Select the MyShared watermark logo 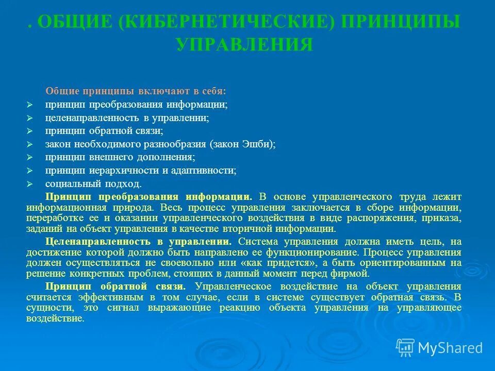coord(440,348)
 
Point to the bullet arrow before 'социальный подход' coord(30,184)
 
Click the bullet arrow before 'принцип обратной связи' coord(30,131)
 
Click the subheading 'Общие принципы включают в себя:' coord(136,91)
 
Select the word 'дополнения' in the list coord(172,157)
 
